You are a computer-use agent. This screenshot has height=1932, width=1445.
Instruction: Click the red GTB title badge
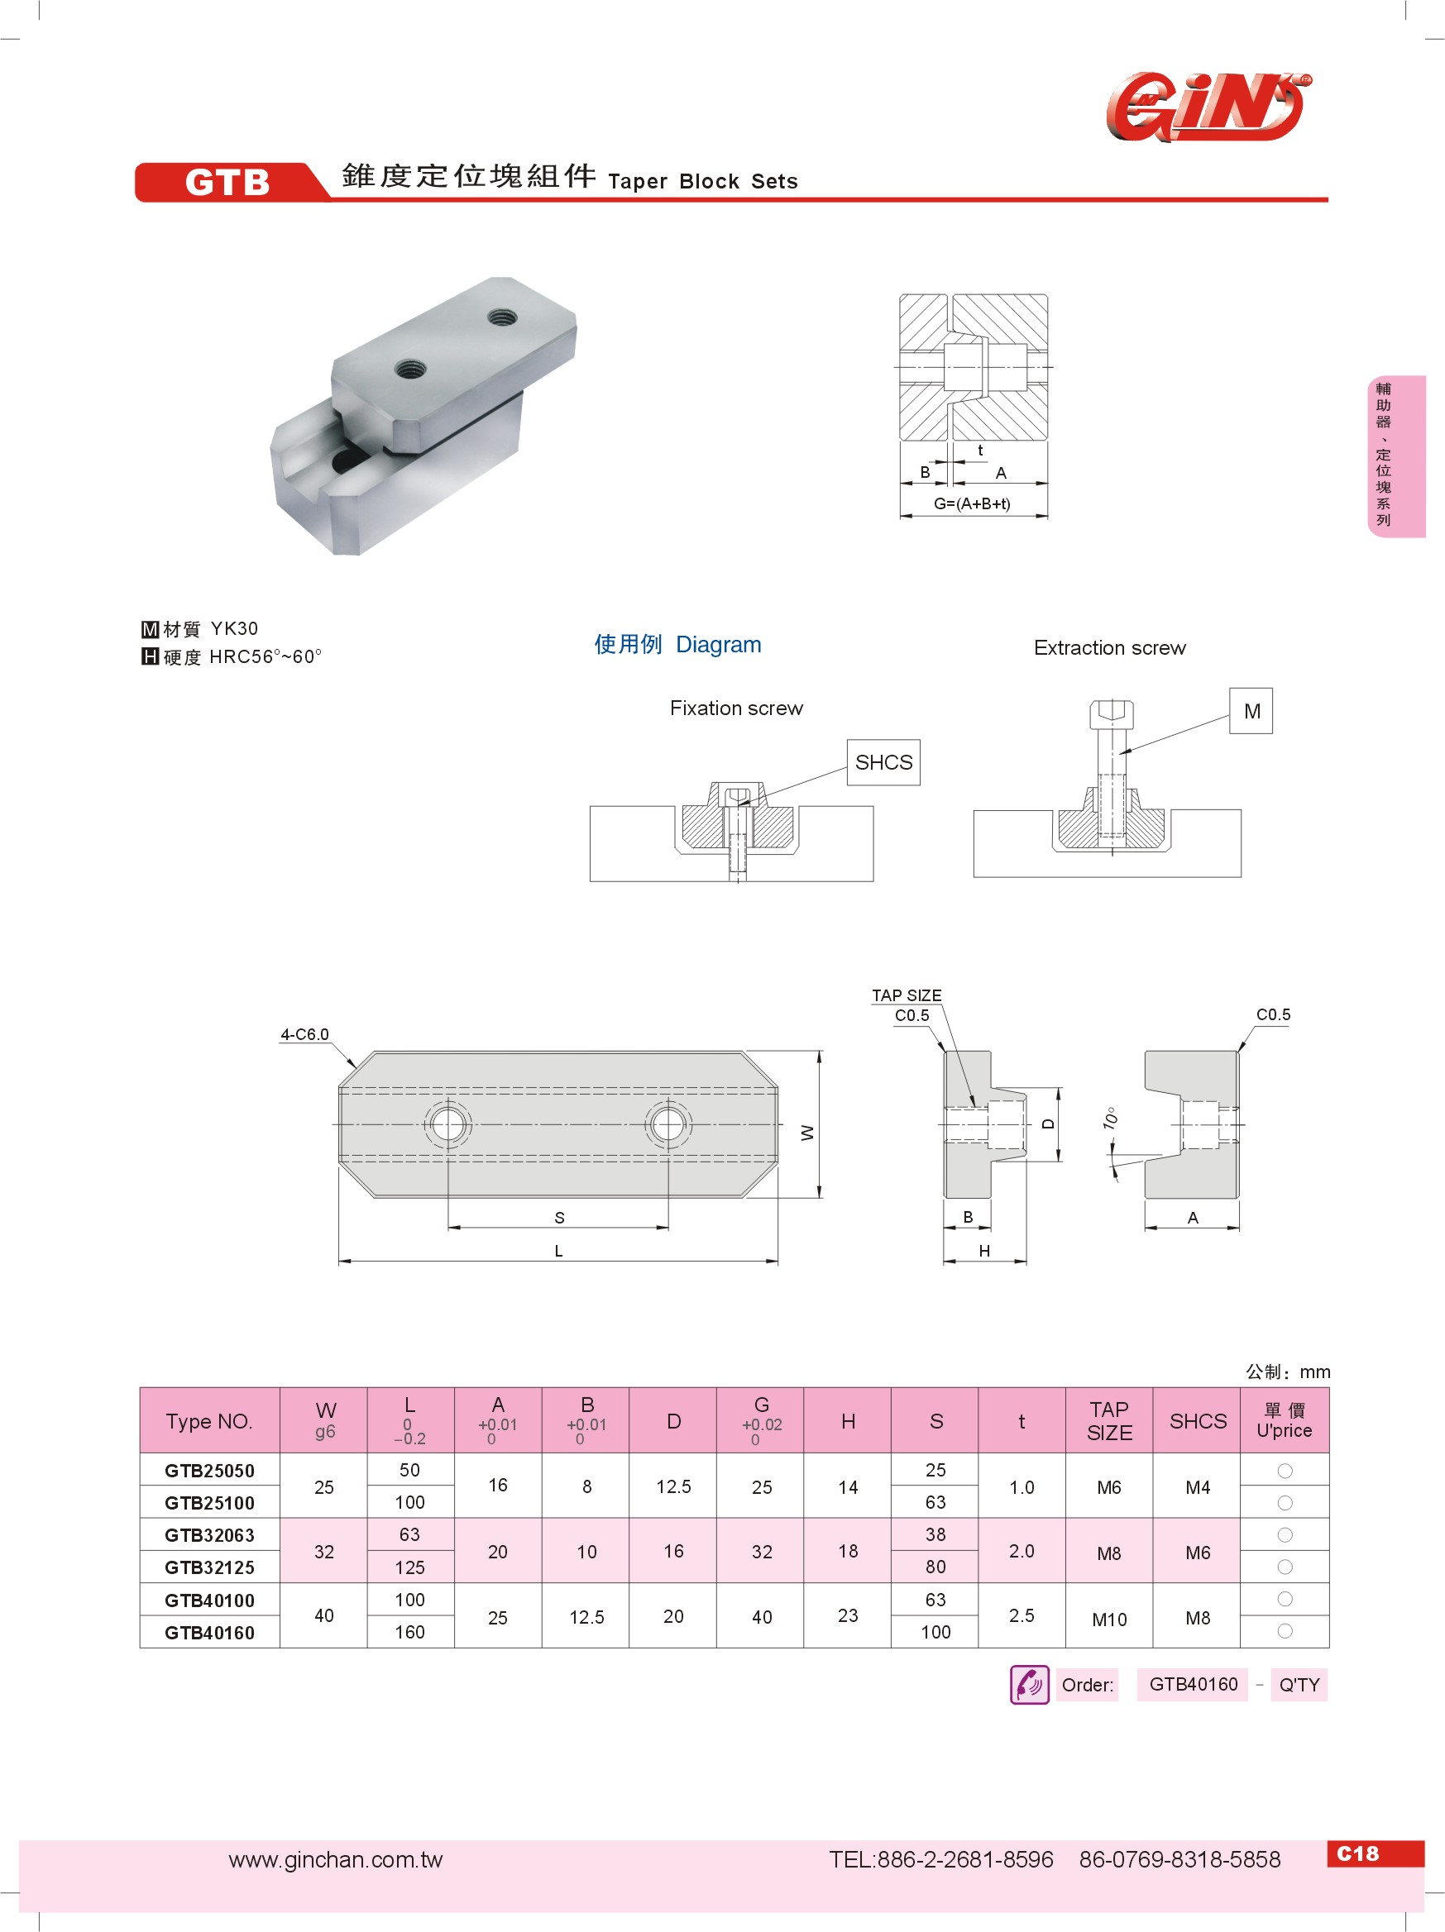(x=227, y=182)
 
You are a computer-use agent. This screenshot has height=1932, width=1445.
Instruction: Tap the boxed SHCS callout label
(x=883, y=762)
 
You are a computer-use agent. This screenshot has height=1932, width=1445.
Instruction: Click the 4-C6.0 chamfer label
(x=304, y=1034)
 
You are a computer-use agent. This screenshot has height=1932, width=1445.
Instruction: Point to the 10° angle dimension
(x=1109, y=1118)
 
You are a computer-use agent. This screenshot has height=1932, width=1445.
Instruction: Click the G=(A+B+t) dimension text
(x=972, y=504)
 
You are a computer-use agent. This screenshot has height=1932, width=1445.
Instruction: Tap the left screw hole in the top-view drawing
(x=448, y=1125)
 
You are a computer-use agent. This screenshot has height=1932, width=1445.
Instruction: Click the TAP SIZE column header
(x=1108, y=1421)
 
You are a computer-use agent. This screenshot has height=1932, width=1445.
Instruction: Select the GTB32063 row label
(x=209, y=1535)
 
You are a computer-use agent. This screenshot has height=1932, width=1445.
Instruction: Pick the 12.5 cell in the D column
(x=673, y=1486)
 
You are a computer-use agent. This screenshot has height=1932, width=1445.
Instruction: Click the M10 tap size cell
(x=1108, y=1620)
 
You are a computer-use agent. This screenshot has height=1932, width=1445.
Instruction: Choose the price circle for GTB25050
(x=1285, y=1471)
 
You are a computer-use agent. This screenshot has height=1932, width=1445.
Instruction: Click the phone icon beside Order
(x=1029, y=1684)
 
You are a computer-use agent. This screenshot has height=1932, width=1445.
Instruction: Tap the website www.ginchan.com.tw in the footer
(x=336, y=1859)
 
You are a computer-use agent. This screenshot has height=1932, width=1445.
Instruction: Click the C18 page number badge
(x=1356, y=1853)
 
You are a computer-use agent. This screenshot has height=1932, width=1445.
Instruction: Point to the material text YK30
(x=234, y=629)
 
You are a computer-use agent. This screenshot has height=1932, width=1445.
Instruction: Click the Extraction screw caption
(x=1109, y=648)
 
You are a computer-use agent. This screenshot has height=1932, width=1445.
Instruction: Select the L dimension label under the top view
(x=558, y=1251)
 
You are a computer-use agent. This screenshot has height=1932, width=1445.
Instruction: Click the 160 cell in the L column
(x=409, y=1633)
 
